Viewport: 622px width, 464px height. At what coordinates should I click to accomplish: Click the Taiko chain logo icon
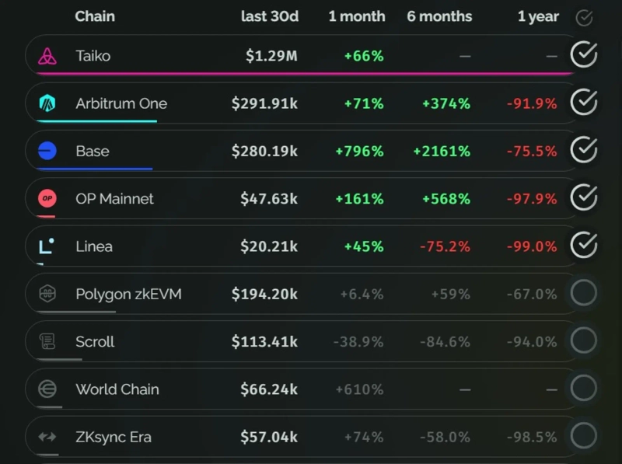point(47,56)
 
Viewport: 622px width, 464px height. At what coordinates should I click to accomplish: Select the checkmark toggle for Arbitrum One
point(584,103)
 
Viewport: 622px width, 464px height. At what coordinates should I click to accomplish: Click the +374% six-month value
point(446,103)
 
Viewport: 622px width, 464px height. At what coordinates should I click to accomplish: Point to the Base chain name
point(93,151)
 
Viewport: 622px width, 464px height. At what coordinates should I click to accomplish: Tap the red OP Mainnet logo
point(47,198)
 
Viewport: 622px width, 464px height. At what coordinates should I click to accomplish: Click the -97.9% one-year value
point(532,199)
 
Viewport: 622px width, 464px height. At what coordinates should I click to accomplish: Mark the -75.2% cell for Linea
point(446,246)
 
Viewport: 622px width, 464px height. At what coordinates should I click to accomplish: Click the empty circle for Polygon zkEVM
point(584,293)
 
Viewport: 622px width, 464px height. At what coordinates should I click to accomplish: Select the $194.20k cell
point(264,294)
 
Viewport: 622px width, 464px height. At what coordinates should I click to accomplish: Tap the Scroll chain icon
point(47,341)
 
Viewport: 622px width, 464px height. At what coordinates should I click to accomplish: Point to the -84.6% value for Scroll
point(446,342)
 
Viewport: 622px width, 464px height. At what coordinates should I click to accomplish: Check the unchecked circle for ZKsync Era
point(584,435)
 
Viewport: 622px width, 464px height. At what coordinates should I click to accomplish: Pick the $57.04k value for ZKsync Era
point(268,437)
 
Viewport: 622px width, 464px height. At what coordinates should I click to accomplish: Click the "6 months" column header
point(439,16)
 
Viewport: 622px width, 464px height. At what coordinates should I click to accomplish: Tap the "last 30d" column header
point(270,16)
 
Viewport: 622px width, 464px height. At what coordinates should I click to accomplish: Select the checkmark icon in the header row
point(584,18)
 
